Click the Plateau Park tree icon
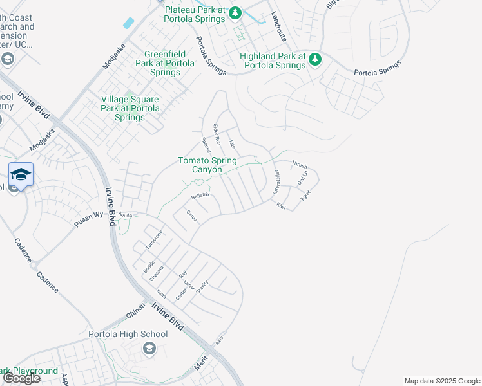point(236,12)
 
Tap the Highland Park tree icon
point(315,60)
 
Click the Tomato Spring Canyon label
point(207,165)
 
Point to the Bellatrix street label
point(200,194)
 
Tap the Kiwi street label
point(281,206)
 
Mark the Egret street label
point(305,194)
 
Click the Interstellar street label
point(276,183)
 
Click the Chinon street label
point(136,311)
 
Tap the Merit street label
point(202,364)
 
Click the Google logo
point(21,378)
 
